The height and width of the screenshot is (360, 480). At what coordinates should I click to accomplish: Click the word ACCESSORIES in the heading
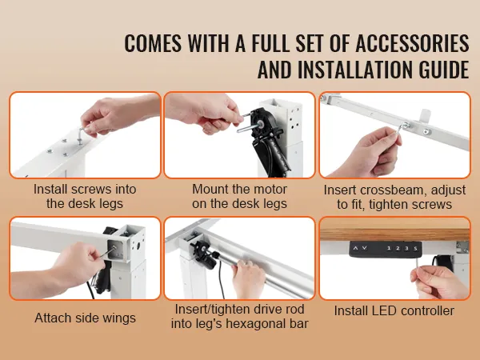click(x=412, y=43)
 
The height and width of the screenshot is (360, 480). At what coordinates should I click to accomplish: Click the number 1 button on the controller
click(x=389, y=248)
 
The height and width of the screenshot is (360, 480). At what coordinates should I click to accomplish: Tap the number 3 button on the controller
click(x=407, y=248)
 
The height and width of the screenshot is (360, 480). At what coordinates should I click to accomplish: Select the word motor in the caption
click(x=270, y=189)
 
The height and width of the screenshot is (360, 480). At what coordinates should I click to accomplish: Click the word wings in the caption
click(x=119, y=318)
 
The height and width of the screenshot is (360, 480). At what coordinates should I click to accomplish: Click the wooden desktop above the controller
click(x=394, y=233)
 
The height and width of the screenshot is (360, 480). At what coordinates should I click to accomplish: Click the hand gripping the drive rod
click(x=248, y=278)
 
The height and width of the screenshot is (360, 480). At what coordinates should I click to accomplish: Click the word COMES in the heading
click(x=153, y=43)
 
